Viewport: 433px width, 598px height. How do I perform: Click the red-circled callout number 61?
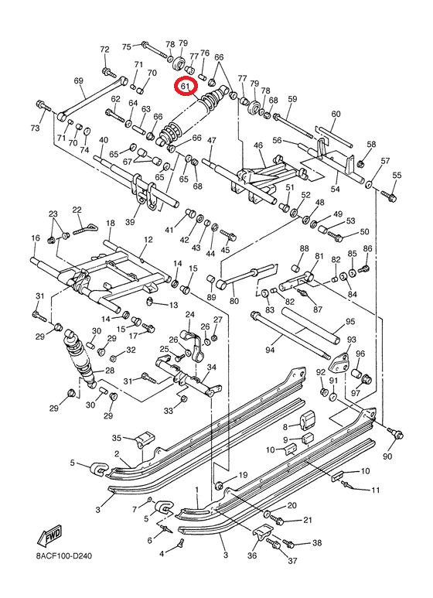click(x=186, y=87)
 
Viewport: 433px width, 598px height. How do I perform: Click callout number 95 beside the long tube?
click(x=350, y=321)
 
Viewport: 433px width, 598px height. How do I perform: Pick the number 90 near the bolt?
click(x=387, y=457)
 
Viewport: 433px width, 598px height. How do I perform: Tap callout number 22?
click(x=77, y=210)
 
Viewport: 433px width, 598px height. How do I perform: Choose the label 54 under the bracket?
click(x=336, y=189)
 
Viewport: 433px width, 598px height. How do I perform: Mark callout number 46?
click(x=258, y=145)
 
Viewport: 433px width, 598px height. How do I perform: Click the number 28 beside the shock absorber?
click(x=110, y=371)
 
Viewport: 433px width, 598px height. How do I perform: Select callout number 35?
click(x=118, y=439)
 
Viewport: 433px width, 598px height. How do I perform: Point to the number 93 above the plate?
click(x=351, y=340)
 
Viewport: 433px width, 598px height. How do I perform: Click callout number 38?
click(x=316, y=544)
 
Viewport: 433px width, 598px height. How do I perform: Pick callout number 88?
click(x=304, y=248)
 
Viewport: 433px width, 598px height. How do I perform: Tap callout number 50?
click(x=364, y=231)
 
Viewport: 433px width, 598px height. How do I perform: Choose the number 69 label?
click(x=78, y=81)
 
